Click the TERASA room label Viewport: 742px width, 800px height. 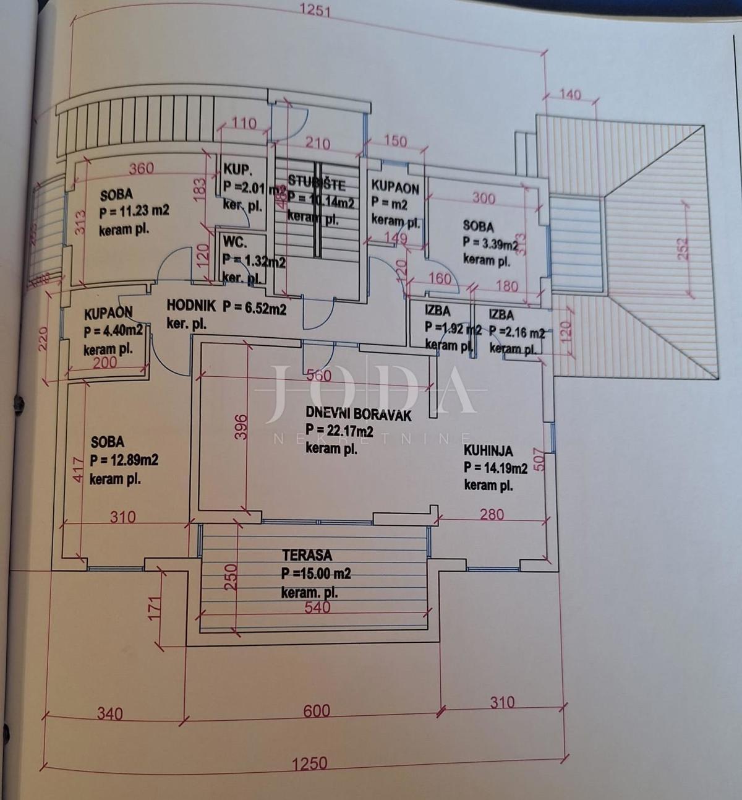[307, 556]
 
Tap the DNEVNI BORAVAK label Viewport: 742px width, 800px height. [358, 415]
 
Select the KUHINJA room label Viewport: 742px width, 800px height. [488, 452]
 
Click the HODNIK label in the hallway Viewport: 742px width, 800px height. [191, 305]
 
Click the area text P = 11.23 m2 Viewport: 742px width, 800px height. [134, 211]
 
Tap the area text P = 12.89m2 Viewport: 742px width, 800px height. [124, 460]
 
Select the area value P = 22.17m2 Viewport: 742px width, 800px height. [339, 431]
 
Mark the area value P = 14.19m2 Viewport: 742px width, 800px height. [495, 468]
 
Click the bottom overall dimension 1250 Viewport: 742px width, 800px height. [309, 763]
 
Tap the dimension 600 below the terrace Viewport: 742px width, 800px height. [317, 711]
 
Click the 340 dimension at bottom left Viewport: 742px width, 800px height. [109, 714]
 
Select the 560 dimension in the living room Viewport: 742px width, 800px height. [318, 376]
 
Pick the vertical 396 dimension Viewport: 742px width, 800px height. [242, 427]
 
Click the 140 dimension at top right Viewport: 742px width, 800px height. [569, 95]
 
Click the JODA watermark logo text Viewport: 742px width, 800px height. [371, 390]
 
